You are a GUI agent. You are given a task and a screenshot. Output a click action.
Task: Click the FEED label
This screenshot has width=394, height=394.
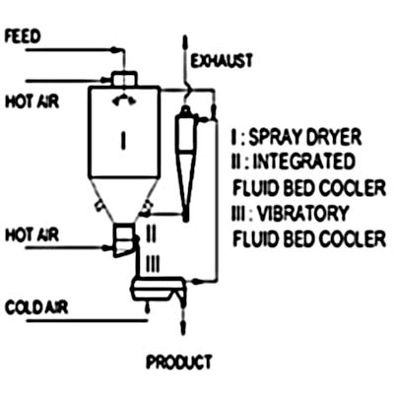(x=22, y=36)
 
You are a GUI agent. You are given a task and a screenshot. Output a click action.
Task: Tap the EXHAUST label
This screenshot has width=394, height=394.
(x=222, y=61)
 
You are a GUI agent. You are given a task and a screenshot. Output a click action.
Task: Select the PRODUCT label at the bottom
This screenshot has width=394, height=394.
(x=179, y=362)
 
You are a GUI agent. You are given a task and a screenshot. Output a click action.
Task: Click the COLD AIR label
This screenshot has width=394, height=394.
(x=36, y=307)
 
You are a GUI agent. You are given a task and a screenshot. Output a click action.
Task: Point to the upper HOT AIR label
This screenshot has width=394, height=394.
(x=33, y=101)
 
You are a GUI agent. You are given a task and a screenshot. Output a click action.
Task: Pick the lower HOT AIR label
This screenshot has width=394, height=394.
(x=33, y=235)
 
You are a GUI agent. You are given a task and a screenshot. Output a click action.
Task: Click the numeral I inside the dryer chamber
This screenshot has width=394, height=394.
(x=123, y=139)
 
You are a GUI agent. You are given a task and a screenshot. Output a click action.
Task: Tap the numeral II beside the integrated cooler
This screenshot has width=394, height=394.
(x=151, y=233)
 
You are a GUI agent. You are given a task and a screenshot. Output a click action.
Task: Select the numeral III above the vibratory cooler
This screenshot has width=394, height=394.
(x=152, y=263)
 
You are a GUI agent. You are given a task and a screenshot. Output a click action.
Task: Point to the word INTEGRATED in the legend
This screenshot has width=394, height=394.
(x=304, y=162)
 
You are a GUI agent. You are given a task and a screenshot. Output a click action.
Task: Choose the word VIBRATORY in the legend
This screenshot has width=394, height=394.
(x=302, y=214)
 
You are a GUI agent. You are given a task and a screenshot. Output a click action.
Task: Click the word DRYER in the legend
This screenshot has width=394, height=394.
(x=333, y=137)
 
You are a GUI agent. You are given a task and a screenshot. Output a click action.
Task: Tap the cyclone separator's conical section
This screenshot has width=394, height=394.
(x=185, y=184)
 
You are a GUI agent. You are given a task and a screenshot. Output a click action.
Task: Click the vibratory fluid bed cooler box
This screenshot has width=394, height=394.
(x=159, y=288)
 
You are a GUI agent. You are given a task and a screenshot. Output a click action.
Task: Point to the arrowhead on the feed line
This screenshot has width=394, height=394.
(x=113, y=50)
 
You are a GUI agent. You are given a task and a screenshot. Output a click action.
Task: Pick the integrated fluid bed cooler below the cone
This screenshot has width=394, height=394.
(x=123, y=240)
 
